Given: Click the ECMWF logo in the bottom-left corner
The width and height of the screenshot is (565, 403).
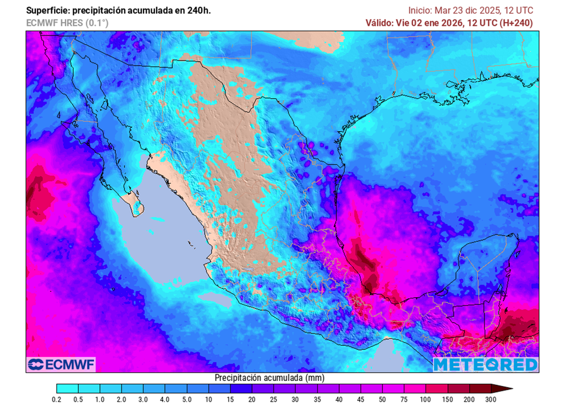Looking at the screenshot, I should click(61, 364).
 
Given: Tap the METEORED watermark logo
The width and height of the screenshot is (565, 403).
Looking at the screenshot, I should click(484, 364).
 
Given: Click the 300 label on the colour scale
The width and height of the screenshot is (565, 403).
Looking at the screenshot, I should click(491, 399).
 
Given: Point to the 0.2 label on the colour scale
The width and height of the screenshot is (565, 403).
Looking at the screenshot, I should click(56, 399).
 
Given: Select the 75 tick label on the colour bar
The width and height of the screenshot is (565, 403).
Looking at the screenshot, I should click(404, 399).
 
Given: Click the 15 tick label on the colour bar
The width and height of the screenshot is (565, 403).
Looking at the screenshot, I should click(230, 399).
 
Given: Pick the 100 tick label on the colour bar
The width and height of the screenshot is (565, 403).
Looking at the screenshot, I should click(425, 399).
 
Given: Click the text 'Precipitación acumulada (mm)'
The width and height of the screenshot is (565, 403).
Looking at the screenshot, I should click(269, 378).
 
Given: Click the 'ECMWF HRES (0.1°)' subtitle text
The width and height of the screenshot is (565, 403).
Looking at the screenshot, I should click(67, 23).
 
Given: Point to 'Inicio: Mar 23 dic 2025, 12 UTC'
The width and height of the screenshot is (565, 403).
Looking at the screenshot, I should click(471, 10).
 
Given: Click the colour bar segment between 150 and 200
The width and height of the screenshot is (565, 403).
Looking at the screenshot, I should click(458, 389).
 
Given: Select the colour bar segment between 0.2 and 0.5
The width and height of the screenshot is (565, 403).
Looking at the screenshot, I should click(67, 389).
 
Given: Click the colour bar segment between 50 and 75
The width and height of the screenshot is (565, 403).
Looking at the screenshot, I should click(393, 389).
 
